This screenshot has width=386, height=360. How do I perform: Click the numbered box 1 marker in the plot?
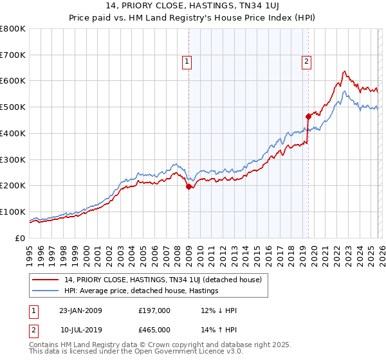pyautogui.click(x=187, y=62)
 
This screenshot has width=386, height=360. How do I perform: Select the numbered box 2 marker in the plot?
pyautogui.click(x=306, y=62)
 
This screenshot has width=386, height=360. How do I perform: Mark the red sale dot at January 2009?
pyautogui.click(x=188, y=187)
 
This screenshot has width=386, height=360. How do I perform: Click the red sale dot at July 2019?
pyautogui.click(x=308, y=116)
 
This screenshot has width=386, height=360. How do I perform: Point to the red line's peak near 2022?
pyautogui.click(x=345, y=71)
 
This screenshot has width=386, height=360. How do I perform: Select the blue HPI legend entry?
pyautogui.click(x=142, y=291)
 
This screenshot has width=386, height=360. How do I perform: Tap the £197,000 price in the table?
pyautogui.click(x=154, y=310)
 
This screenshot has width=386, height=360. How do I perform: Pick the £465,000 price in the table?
pyautogui.click(x=154, y=330)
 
